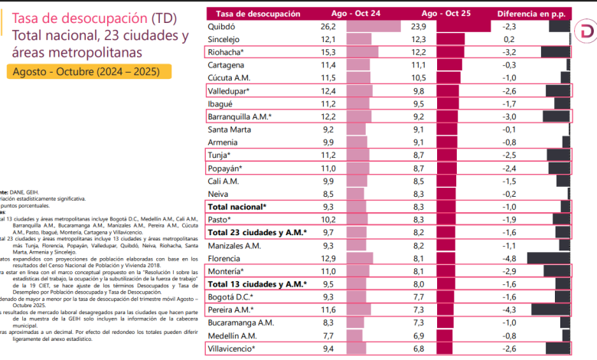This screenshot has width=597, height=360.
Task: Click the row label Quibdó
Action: (222, 26)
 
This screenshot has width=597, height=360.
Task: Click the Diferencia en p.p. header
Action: (529, 13)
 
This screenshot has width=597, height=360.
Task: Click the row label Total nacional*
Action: (237, 207)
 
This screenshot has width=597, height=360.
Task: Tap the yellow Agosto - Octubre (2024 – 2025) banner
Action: (90, 72)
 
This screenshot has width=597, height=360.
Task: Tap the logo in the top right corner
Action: (586, 34)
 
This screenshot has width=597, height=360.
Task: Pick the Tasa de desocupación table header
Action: (256, 13)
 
